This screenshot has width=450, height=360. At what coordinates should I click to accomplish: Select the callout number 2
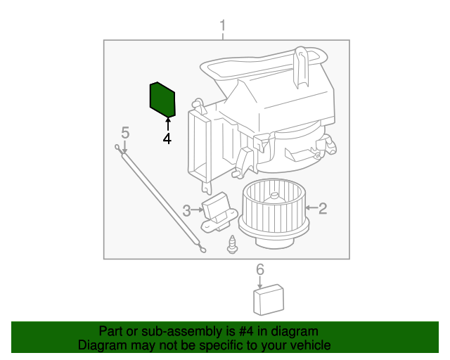323,208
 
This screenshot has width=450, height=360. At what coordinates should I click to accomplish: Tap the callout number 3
187,210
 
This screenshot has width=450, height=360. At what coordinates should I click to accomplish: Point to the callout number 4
167,139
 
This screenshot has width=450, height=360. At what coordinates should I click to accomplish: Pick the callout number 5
125,132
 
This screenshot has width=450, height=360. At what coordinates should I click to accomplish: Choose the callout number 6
259,269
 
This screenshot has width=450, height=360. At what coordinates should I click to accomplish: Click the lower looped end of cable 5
202,247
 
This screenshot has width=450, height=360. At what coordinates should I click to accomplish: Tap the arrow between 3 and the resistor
198,210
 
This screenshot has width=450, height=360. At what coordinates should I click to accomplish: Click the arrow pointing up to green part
167,125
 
